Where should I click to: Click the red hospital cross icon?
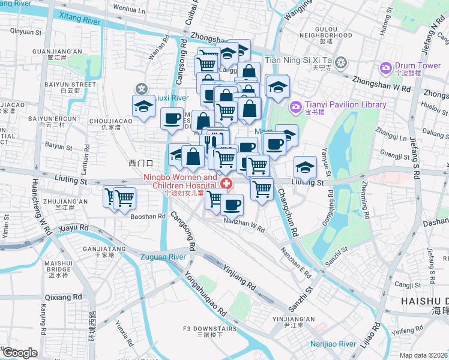tap(226, 184)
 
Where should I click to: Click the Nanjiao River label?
tap(334, 344)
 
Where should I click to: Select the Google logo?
tap(19, 353)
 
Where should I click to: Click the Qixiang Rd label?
tap(63, 297)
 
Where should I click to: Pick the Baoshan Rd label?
tap(148, 216)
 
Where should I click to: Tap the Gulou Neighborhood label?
tap(325, 31)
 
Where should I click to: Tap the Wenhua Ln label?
tap(129, 10)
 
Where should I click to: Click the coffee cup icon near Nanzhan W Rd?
tap(232, 204)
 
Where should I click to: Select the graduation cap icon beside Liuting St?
tap(305, 166)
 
